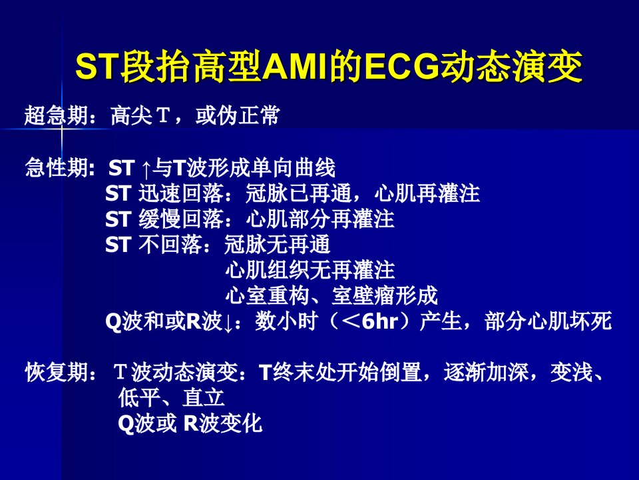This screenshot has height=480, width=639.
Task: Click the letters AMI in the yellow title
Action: pos(295,67)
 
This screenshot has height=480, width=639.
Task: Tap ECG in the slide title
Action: pos(402,67)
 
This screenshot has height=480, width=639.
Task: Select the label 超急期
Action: pos(56,115)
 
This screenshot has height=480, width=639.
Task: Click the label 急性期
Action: pos(56,168)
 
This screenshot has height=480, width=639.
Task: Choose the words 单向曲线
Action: pos(294,168)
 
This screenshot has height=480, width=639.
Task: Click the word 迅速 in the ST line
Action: pos(159,193)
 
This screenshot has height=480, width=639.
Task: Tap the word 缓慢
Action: pos(159,219)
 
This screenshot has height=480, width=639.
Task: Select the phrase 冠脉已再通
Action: pos(298,193)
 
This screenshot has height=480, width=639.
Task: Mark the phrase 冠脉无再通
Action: pos(277,245)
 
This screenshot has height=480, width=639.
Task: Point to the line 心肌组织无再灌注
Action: pos(310,270)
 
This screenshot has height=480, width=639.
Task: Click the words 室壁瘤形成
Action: pos(384,295)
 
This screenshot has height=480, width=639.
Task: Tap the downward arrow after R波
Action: pos(228,323)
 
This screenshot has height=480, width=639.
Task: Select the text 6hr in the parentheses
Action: pos(380,321)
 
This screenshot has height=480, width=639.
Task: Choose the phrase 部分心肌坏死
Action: pos(548,321)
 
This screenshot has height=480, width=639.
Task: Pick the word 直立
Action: pos(204,397)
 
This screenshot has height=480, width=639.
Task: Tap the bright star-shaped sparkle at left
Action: pos(62,129)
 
